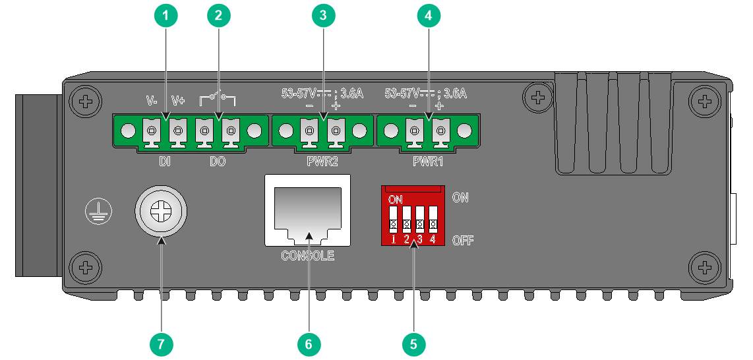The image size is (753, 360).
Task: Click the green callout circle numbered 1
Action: [x=166, y=16]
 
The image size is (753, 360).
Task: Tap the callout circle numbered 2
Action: [x=218, y=16]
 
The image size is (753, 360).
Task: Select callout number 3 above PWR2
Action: [x=323, y=16]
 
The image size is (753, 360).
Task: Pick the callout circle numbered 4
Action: [x=429, y=16]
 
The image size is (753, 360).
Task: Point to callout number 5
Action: [x=413, y=344]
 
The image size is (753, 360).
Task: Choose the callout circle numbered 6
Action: [x=309, y=344]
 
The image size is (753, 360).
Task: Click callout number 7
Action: [x=161, y=344]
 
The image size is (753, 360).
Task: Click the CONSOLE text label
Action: [x=308, y=256]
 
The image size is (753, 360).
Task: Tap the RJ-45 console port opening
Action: [x=307, y=211]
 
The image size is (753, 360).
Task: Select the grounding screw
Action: [x=160, y=211]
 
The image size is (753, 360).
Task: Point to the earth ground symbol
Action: [x=98, y=211]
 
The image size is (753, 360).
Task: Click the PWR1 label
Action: [x=428, y=162]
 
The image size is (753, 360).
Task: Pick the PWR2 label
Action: [x=322, y=162]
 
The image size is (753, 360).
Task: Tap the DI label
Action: [x=166, y=162]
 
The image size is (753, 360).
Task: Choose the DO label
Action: [x=218, y=162]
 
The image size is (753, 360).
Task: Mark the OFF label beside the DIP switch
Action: [x=463, y=240]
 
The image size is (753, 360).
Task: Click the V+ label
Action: [x=179, y=101]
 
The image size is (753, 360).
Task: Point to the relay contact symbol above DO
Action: [x=218, y=99]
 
